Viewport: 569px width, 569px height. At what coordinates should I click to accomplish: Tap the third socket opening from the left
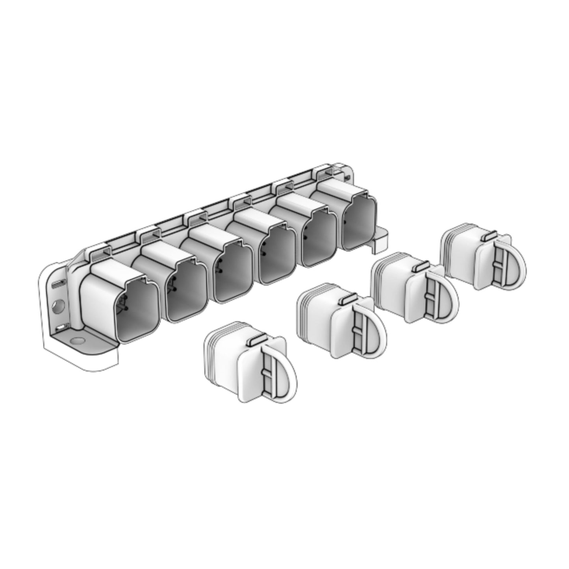pos(232,276)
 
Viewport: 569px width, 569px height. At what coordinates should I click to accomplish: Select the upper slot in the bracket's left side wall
pos(58,284)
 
